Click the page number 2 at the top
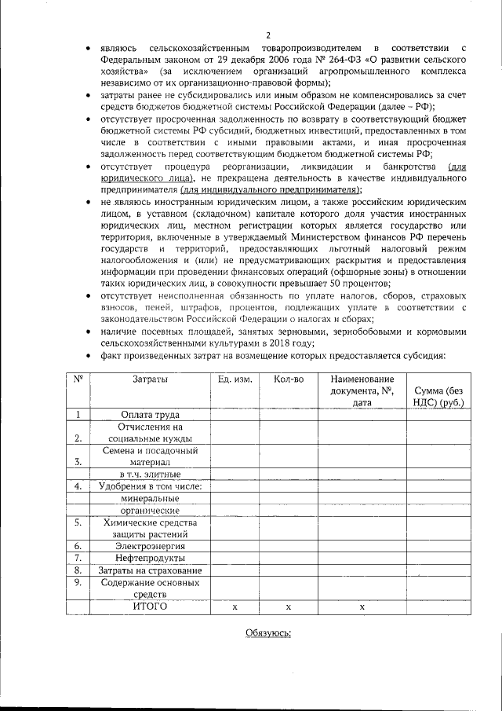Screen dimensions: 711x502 [x=267, y=35]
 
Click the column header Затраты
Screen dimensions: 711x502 [x=149, y=379]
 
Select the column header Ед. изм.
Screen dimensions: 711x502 [x=235, y=379]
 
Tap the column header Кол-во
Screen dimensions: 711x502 [x=288, y=379]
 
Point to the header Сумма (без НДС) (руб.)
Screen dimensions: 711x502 [x=438, y=397]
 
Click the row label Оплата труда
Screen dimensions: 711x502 [x=149, y=415]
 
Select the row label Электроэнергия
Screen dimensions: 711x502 [x=149, y=545]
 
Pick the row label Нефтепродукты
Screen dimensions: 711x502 [x=149, y=558]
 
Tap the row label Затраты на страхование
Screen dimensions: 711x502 [x=149, y=570]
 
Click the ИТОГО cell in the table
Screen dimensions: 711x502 [x=149, y=607]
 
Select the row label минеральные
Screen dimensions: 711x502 [x=149, y=497]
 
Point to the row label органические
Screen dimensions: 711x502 [x=149, y=509]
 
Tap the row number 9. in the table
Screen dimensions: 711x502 [x=78, y=582]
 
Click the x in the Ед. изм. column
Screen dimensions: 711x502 [x=235, y=607]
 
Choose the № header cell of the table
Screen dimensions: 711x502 [x=78, y=379]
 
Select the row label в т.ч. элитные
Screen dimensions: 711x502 [x=149, y=474]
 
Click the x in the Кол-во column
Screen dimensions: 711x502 [x=288, y=607]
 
